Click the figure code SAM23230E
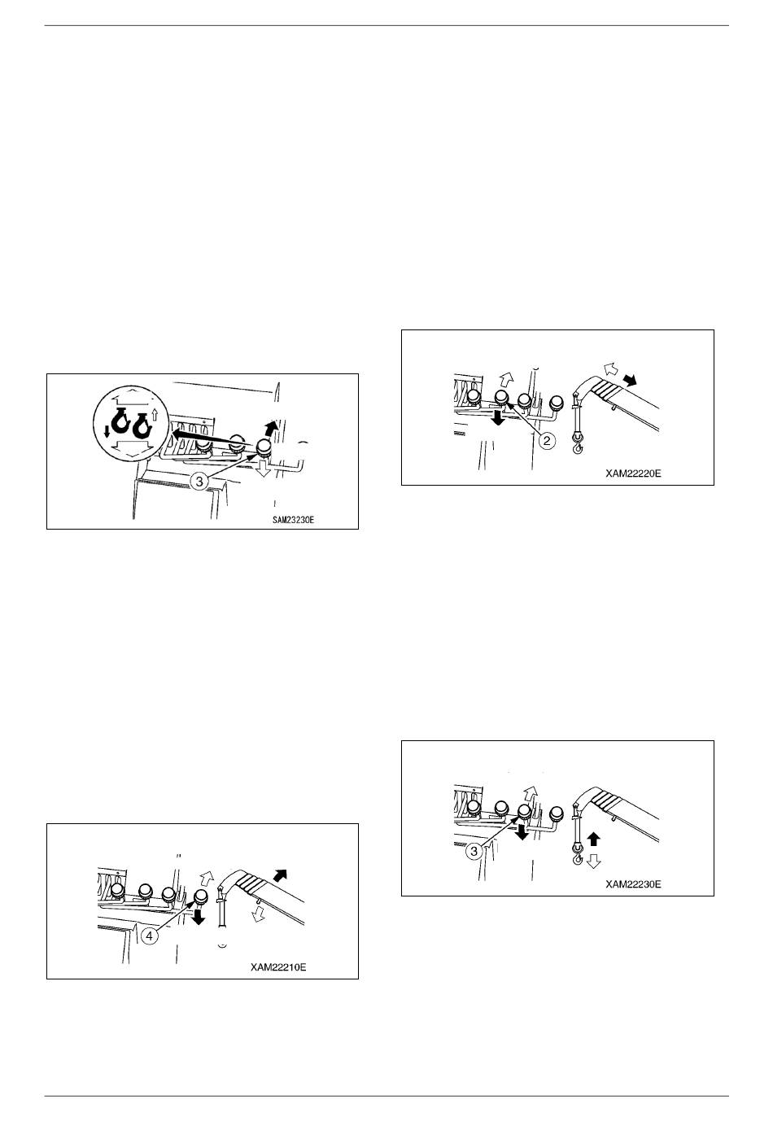pyautogui.click(x=293, y=520)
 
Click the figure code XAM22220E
pyautogui.click(x=633, y=473)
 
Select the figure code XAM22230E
pyautogui.click(x=633, y=884)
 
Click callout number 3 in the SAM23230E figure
pyautogui.click(x=199, y=482)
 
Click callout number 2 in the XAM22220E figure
pyautogui.click(x=547, y=440)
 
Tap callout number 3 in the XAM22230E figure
pyautogui.click(x=474, y=851)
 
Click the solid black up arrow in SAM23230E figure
pyautogui.click(x=270, y=429)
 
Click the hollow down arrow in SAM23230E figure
pyautogui.click(x=264, y=469)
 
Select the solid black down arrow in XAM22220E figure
pyautogui.click(x=498, y=418)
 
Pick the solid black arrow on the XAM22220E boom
pyautogui.click(x=630, y=380)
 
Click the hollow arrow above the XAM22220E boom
pyautogui.click(x=611, y=369)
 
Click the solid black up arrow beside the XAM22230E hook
pyautogui.click(x=593, y=840)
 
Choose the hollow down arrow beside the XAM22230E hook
pyautogui.click(x=593, y=861)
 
